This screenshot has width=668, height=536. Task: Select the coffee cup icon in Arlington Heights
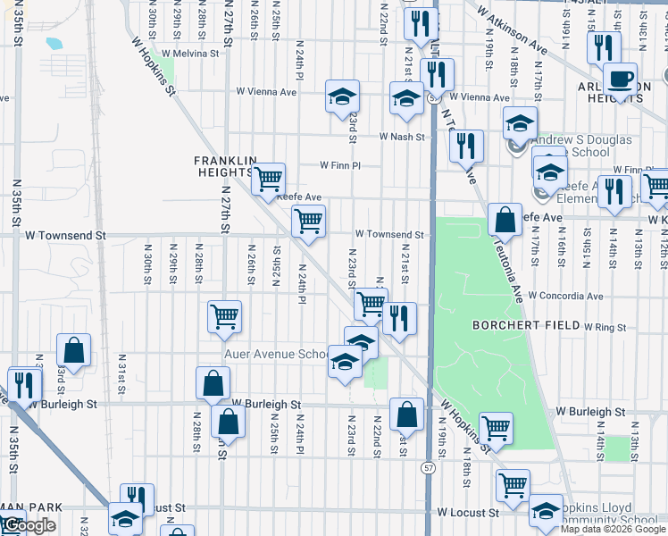pyautogui.click(x=618, y=79)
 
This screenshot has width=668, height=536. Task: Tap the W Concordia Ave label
pyautogui.click(x=564, y=296)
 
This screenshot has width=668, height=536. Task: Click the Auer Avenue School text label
pyautogui.click(x=277, y=355)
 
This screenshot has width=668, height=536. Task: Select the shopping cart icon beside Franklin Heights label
pyautogui.click(x=268, y=180)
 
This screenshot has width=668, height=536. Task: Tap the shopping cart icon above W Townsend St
pyautogui.click(x=308, y=221)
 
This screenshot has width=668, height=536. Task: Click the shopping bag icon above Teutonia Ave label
pyautogui.click(x=505, y=219)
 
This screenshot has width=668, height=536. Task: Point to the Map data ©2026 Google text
pyautogui.click(x=613, y=529)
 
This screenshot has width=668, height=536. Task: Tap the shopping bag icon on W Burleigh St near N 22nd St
pyautogui.click(x=406, y=415)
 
